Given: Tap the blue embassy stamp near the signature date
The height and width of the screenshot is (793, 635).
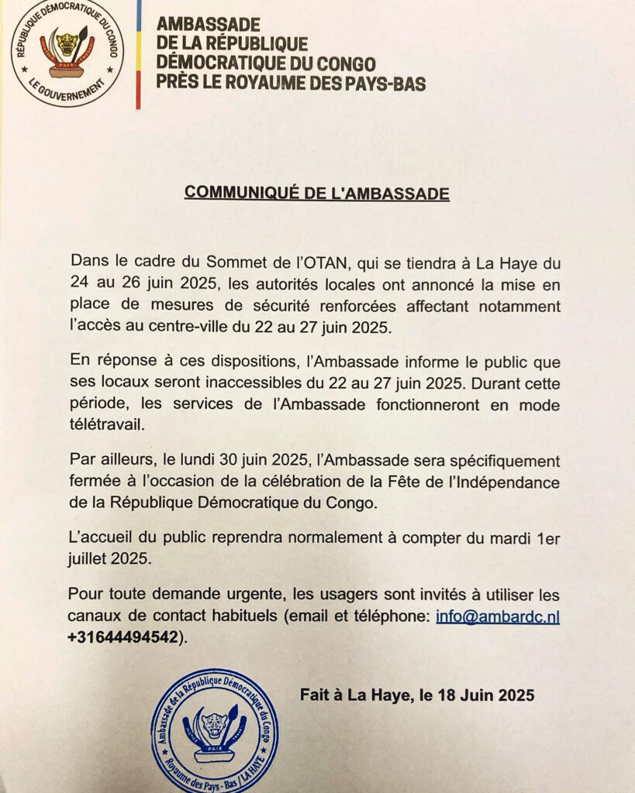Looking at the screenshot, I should click(215, 729).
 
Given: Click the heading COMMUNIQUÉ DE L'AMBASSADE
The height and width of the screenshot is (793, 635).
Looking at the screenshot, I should click(316, 194).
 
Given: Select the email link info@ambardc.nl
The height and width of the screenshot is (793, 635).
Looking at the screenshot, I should click(498, 617).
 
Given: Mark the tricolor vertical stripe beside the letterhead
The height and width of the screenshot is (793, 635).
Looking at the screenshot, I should click(138, 54).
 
